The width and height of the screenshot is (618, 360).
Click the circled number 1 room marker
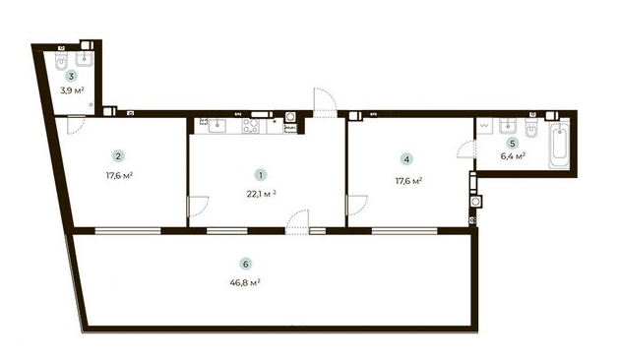tap(260, 174)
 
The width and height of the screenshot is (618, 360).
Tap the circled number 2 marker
tap(118, 155)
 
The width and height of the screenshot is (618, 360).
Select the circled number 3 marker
tap(70, 75)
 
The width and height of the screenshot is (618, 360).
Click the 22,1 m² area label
tap(261, 193)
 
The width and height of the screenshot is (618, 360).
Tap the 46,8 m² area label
tap(245, 282)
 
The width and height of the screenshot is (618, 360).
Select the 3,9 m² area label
tap(71, 90)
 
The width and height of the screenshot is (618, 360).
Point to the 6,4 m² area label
tap(512, 155)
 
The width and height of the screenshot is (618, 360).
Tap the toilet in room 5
tap(530, 128)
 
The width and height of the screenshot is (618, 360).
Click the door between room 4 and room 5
tap(466, 150)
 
